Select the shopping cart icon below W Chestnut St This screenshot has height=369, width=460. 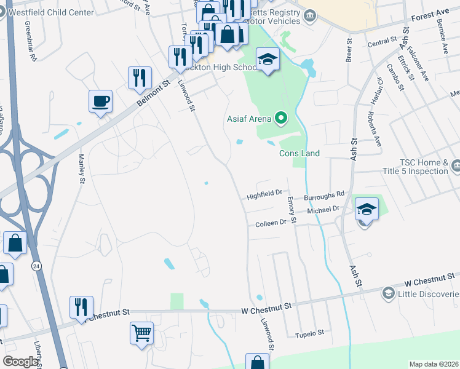[x=141, y=334]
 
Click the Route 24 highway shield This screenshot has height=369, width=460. [x=37, y=266]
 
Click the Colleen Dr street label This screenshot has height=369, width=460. [x=271, y=224]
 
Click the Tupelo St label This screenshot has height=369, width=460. [x=309, y=333]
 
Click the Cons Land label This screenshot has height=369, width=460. [x=299, y=153]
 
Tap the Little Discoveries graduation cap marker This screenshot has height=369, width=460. [x=388, y=293]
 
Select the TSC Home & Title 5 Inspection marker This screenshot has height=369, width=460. [x=456, y=165]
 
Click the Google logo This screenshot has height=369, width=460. [x=20, y=362]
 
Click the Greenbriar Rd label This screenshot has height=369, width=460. [x=30, y=41]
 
